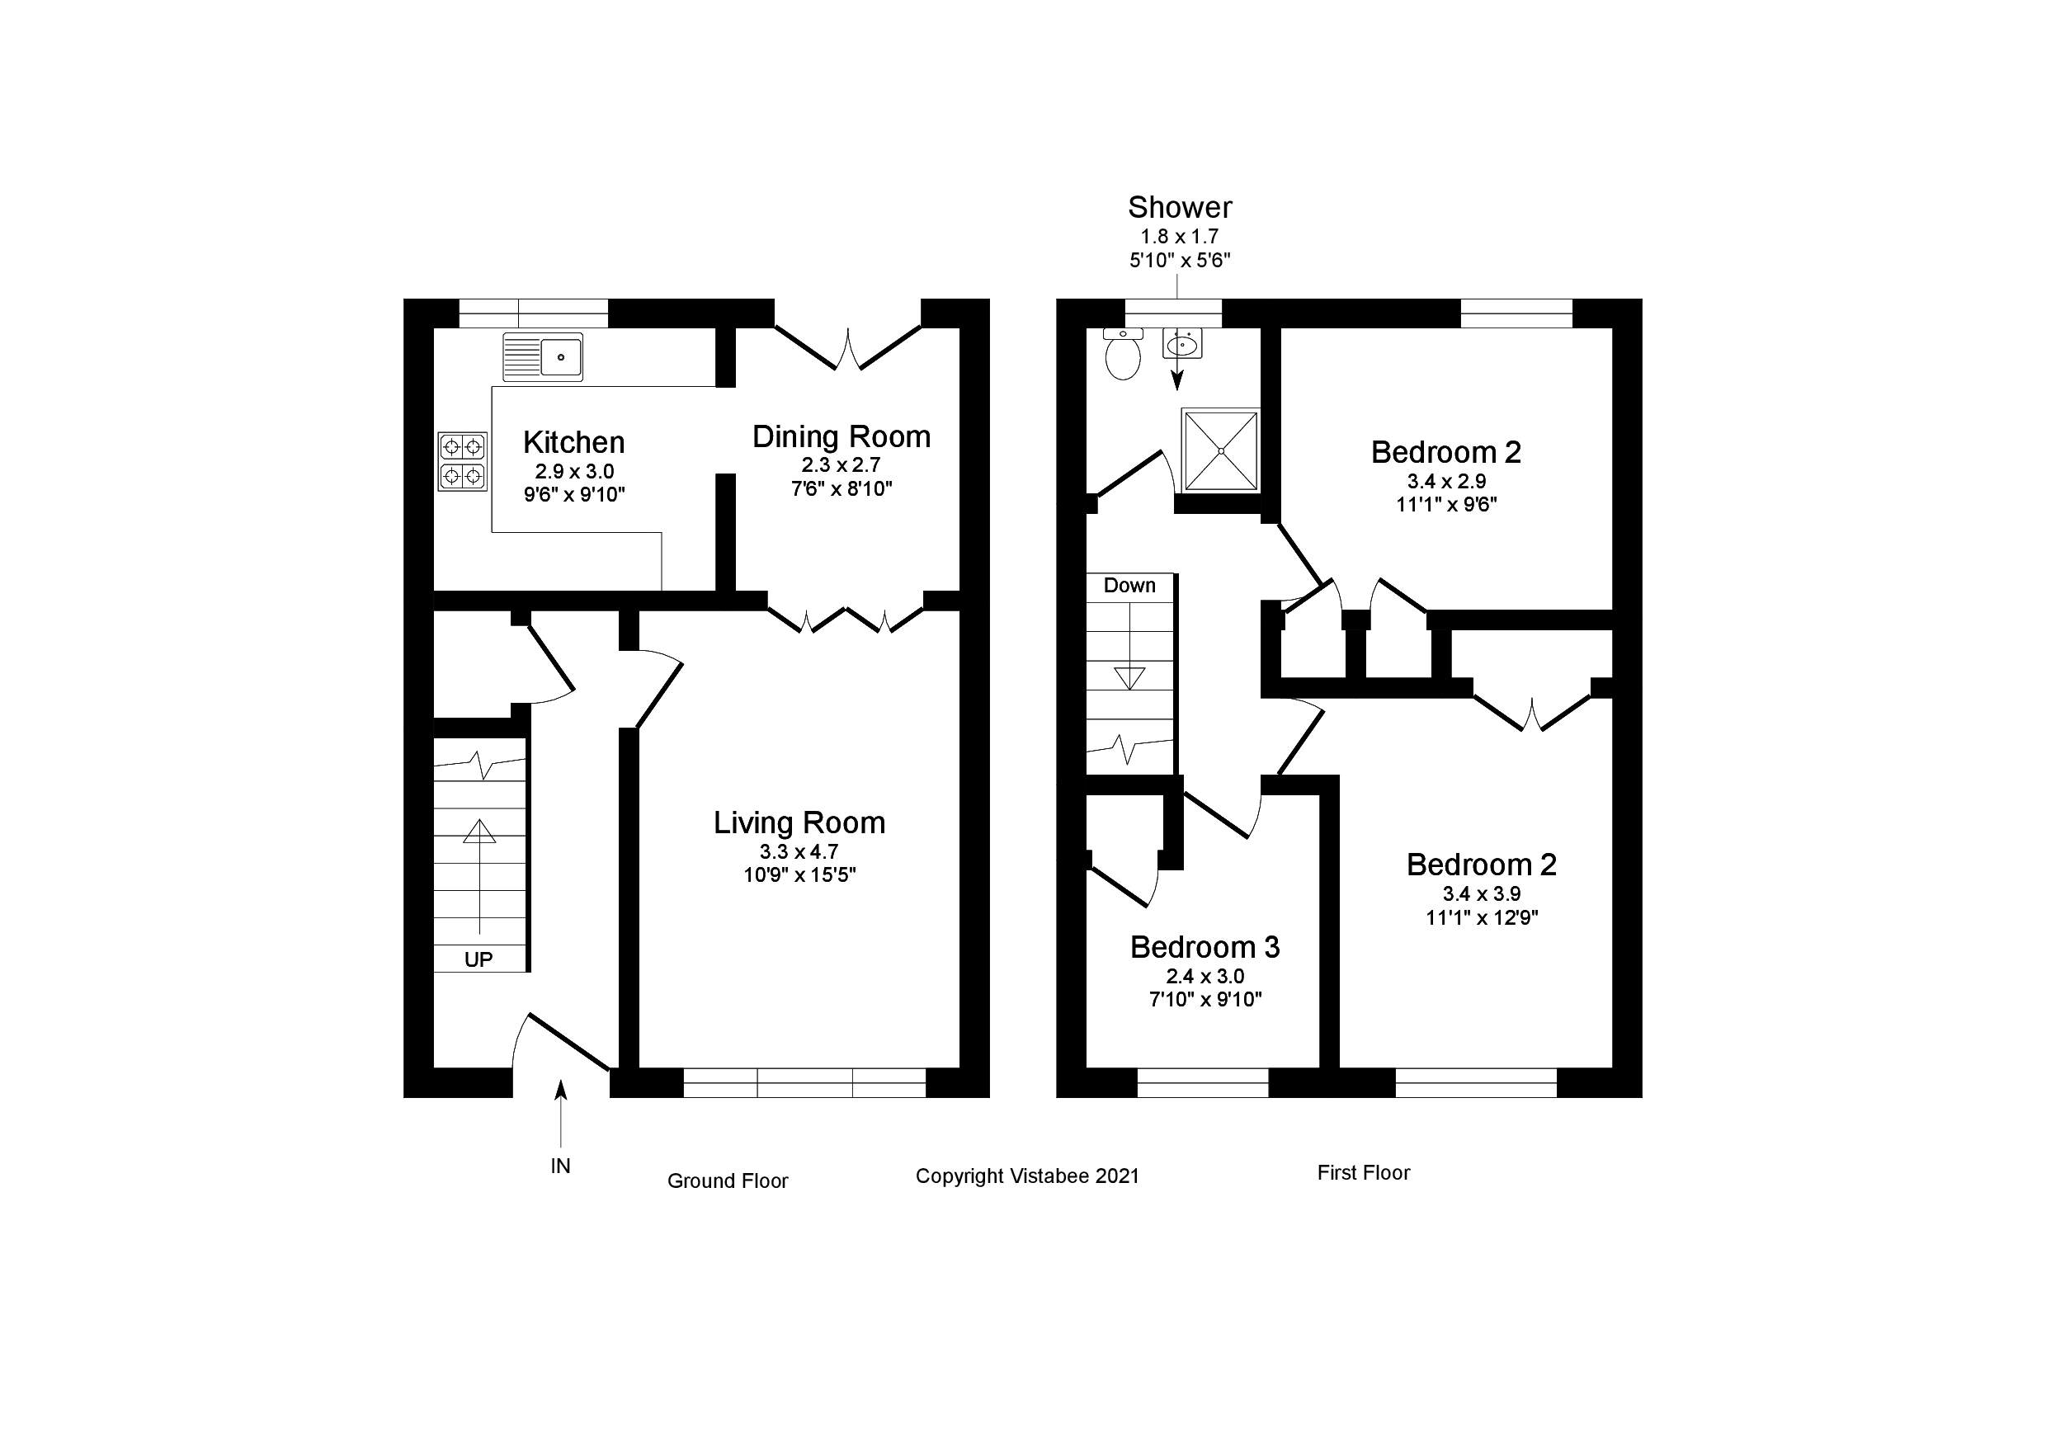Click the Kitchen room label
(x=573, y=442)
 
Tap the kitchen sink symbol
(x=543, y=356)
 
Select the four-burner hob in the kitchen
(x=463, y=461)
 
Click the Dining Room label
(x=841, y=436)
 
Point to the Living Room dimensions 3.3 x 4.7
(x=799, y=851)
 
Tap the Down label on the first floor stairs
(x=1129, y=586)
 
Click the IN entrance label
(x=559, y=1166)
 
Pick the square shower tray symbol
(x=1221, y=450)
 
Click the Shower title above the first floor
(x=1180, y=208)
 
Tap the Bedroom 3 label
(x=1204, y=946)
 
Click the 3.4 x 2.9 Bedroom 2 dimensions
(x=1445, y=481)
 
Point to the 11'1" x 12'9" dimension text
(x=1482, y=917)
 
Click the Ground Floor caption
(x=727, y=1180)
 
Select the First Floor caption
(x=1363, y=1173)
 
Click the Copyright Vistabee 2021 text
(x=1026, y=1176)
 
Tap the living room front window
(x=804, y=1082)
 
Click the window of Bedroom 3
(x=1202, y=1082)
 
